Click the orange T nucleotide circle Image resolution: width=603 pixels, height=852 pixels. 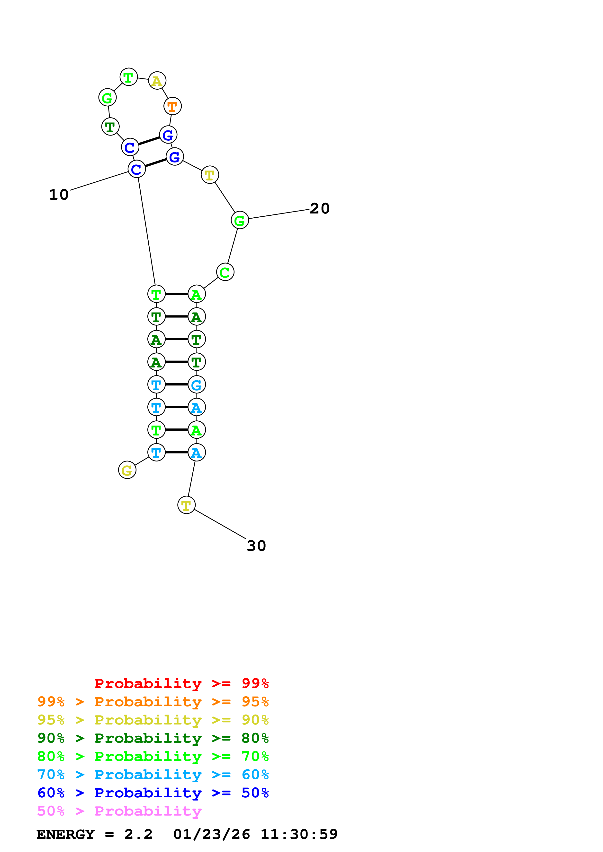172,106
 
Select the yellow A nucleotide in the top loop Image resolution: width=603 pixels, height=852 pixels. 157,81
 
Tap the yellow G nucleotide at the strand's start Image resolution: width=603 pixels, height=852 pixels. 127,470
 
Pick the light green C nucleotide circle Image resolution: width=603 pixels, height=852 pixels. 225,272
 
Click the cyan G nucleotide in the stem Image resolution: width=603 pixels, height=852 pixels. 197,384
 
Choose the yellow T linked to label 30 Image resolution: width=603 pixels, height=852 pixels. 186,505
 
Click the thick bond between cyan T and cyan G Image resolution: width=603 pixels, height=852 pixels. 177,384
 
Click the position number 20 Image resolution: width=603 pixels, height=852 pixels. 320,209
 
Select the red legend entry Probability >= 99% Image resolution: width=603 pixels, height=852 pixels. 181,683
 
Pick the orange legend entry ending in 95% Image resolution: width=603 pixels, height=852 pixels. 153,702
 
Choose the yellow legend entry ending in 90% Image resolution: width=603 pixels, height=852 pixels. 153,720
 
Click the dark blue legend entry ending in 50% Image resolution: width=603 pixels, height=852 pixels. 153,793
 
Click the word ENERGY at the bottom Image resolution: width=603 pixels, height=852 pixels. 65,835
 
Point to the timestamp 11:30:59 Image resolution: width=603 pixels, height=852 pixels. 299,835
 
